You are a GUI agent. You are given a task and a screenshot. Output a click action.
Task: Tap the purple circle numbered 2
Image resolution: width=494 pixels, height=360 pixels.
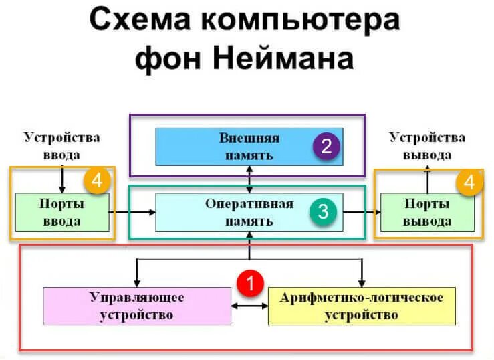coord(326,147)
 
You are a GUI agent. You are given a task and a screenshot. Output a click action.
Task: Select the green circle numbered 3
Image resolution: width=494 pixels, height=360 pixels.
coord(322,212)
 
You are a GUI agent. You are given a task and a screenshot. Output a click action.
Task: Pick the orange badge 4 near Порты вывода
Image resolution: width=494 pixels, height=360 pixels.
coord(469,182)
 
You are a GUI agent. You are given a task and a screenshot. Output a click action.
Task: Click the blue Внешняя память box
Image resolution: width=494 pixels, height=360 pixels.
coord(249,147)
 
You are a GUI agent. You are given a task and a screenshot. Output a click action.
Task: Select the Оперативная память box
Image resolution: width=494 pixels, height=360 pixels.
coord(249,212)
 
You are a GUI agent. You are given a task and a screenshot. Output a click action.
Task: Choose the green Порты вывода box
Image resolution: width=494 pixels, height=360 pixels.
coord(427,212)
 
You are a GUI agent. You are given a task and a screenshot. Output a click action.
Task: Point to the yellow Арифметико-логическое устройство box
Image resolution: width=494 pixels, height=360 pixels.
coord(361,306)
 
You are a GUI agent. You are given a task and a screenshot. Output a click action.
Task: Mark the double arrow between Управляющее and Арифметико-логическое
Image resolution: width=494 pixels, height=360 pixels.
coord(249,306)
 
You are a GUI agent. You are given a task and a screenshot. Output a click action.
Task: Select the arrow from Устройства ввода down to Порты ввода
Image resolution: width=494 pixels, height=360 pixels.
coord(61,177)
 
